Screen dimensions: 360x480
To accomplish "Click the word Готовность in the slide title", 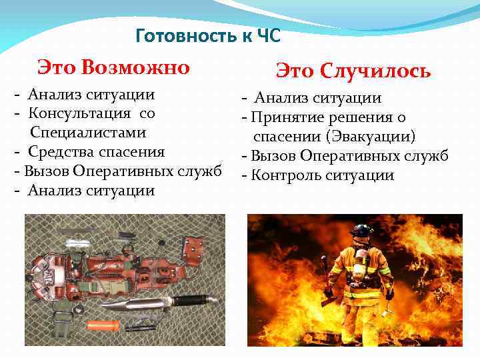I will (180, 35).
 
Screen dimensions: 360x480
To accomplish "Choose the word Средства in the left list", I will (59, 151).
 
